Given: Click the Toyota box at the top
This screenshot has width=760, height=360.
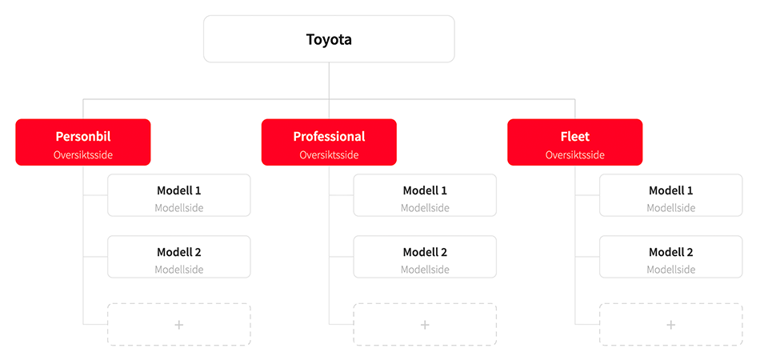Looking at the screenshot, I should click(329, 39).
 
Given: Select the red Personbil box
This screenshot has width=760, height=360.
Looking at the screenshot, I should click(83, 142).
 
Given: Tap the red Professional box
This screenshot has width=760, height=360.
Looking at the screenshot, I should click(329, 142).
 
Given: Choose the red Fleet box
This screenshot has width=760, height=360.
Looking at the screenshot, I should click(574, 142).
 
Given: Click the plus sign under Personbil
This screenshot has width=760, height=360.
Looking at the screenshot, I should click(179, 325).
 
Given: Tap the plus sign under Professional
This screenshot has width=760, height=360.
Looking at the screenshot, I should click(425, 325).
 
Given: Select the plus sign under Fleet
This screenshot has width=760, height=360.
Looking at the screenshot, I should click(670, 325).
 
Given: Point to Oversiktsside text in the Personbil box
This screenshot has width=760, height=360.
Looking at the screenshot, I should click(83, 155).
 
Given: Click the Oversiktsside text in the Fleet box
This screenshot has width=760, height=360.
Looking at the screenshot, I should click(574, 155).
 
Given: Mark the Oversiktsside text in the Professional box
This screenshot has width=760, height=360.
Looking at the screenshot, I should click(329, 155).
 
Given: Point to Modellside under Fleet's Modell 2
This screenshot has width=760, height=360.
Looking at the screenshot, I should click(670, 270).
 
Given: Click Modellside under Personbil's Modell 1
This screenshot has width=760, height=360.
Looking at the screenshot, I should click(179, 208).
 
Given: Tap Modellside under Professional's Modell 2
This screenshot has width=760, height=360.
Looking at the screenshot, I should click(425, 270).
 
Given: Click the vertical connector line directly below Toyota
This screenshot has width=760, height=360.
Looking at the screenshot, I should click(329, 80).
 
